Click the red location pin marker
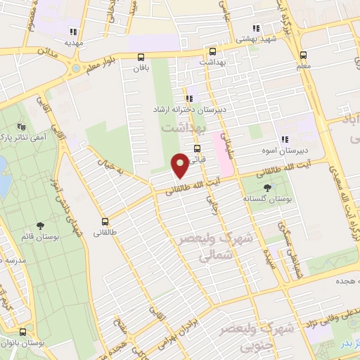tap(181, 165)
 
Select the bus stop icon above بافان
tap(141, 58)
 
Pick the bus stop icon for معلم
tap(303, 56)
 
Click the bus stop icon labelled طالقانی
tap(105, 221)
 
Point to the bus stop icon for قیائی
tap(197, 148)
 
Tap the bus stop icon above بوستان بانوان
tap(23, 332)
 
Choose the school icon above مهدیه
tap(72, 31)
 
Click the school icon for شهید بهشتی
tap(256, 29)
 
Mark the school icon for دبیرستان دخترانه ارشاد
tap(189, 99)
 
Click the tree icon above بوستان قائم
tap(39, 226)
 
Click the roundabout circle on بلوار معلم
tap(75, 69)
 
